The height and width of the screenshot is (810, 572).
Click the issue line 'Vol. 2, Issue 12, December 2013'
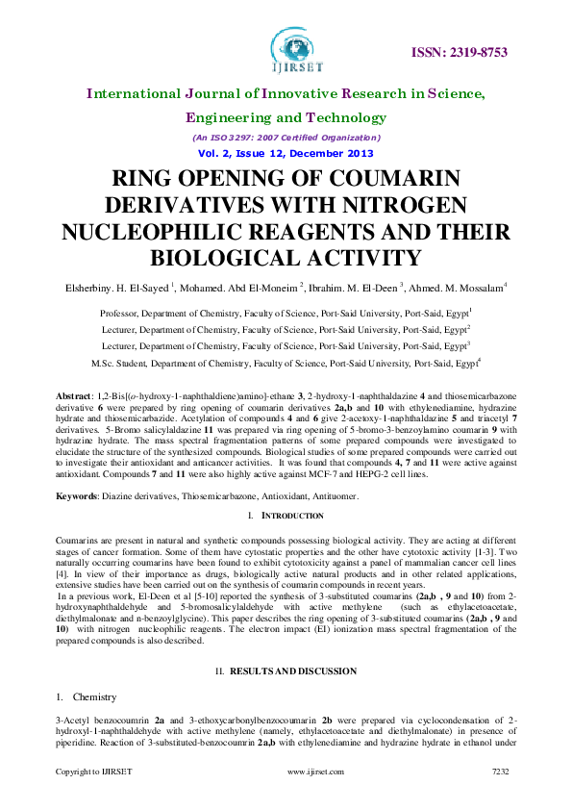(x=286, y=154)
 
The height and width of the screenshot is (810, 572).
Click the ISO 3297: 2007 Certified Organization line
(x=286, y=138)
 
